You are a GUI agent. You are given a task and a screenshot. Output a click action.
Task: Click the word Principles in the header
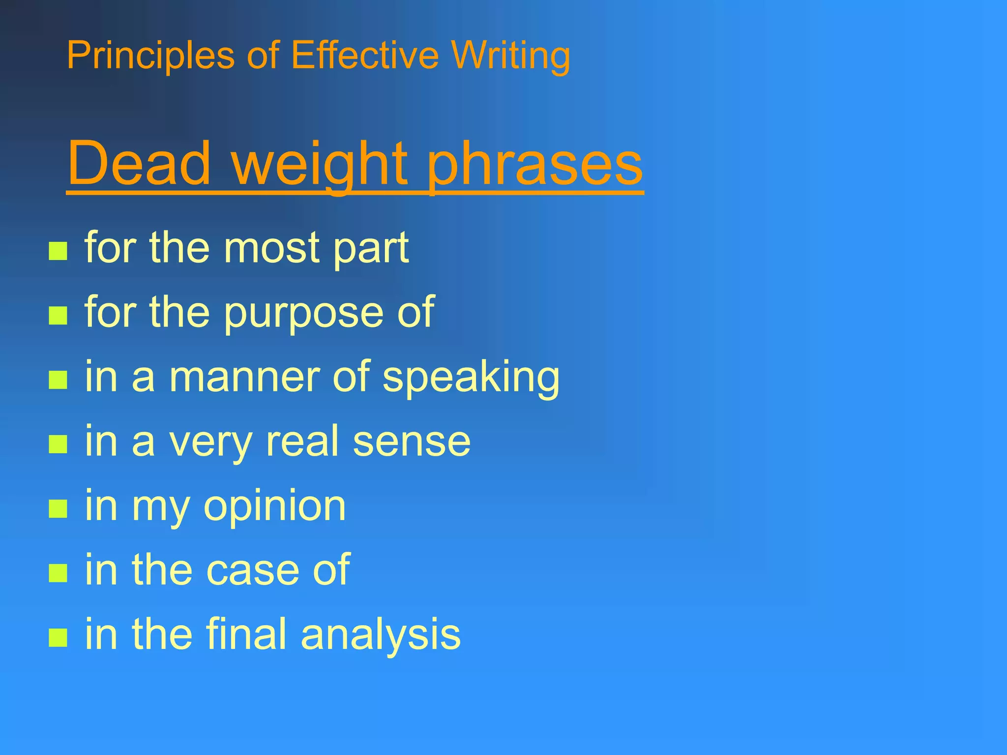tap(150, 56)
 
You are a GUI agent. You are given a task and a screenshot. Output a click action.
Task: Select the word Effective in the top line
tap(364, 55)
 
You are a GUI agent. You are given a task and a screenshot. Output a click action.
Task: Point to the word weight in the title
tap(320, 165)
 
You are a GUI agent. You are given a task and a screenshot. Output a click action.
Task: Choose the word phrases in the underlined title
tap(534, 165)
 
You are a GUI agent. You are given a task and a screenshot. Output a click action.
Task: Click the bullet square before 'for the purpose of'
tap(58, 316)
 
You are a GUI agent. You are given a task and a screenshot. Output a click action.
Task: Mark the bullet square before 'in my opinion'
tap(58, 509)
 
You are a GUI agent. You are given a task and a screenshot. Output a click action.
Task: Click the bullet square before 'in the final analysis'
tap(58, 638)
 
